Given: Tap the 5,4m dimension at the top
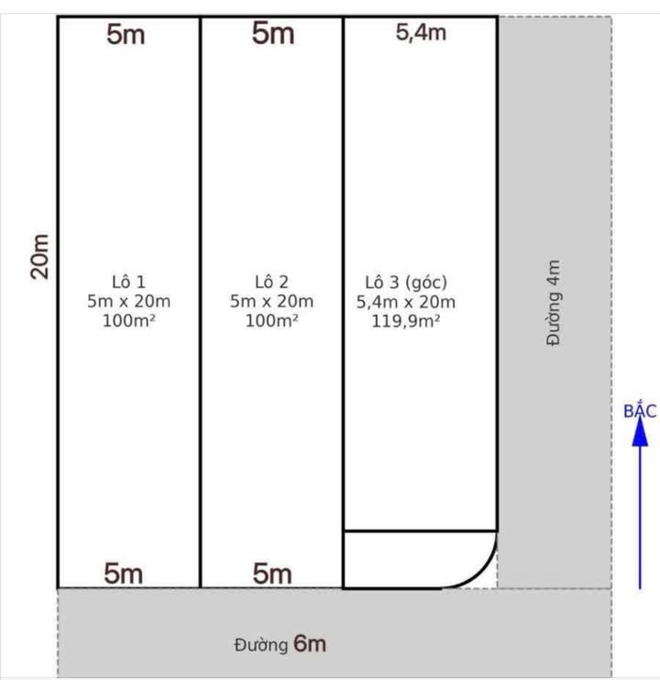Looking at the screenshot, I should pos(421,33).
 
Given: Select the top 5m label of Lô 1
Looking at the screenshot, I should pos(126,35).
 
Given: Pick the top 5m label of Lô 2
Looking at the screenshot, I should pos(273,34).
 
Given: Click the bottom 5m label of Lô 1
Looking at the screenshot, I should pos(124,574).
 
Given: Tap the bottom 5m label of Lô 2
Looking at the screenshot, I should pos(272,574).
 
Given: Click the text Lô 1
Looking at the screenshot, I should pos(128,282).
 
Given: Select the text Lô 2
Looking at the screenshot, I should pos(271,282).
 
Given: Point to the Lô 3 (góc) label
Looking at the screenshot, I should pos(406,282).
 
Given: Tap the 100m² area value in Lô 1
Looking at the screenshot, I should pos(128,321).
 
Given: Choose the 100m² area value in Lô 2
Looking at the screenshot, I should pos(271,321).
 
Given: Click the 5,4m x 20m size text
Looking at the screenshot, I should pos(406,302).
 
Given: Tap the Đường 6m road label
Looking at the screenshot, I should pos(280,644).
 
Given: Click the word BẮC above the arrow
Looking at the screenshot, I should pos(640,410).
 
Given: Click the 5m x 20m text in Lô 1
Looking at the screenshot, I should pos(128,302).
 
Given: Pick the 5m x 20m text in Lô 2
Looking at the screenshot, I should pos(271,302).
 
